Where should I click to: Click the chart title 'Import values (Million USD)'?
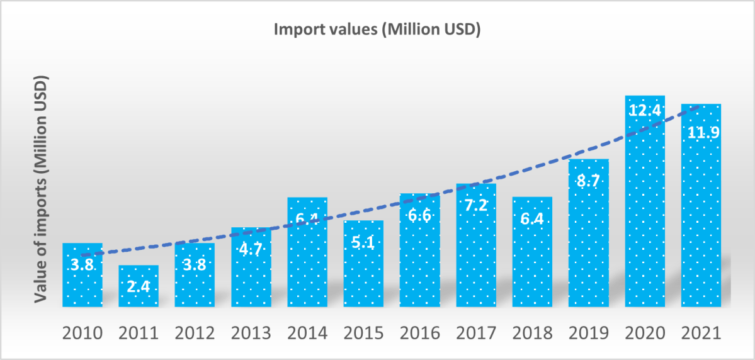click(x=377, y=30)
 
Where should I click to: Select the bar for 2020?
click(x=645, y=201)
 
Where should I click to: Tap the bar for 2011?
click(x=139, y=286)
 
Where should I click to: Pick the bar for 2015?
click(x=363, y=264)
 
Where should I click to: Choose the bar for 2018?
click(x=532, y=252)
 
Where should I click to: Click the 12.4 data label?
click(x=645, y=110)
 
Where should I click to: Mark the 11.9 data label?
click(x=701, y=133)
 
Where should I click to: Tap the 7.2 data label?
click(x=476, y=206)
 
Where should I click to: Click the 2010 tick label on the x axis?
click(x=82, y=332)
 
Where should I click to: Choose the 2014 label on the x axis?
click(x=307, y=332)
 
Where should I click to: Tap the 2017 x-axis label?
click(x=476, y=332)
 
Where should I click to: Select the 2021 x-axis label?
click(x=701, y=332)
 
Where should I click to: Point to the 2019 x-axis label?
click(x=589, y=332)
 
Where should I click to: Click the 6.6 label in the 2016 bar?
click(x=419, y=216)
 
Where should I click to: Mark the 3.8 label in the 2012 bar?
click(x=195, y=264)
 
